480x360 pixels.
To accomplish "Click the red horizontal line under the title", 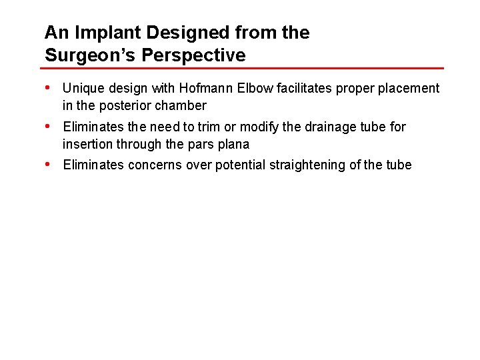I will coord(243,68).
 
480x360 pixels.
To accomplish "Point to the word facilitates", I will coord(301,88).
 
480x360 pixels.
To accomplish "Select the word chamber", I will coord(181,105).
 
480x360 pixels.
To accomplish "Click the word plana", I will coord(233,144).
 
